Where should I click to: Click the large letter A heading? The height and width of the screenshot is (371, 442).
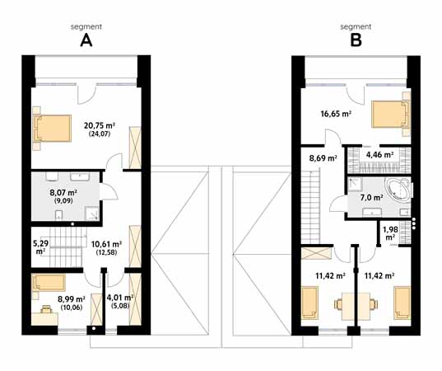(x=86, y=40)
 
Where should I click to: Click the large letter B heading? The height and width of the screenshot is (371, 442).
(x=356, y=40)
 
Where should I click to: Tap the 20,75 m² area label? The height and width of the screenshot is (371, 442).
(x=100, y=125)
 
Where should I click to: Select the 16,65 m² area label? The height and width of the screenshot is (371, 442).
(x=336, y=114)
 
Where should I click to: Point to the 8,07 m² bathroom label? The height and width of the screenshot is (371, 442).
(x=63, y=193)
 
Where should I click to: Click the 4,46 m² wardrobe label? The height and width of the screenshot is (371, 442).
(x=379, y=155)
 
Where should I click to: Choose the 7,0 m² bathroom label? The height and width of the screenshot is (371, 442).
(x=371, y=198)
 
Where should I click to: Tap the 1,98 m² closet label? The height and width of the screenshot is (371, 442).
(x=390, y=233)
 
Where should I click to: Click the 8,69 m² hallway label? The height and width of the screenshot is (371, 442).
(x=323, y=158)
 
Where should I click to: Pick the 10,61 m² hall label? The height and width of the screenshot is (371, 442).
(x=106, y=244)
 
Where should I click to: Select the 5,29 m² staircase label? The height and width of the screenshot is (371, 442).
(x=41, y=247)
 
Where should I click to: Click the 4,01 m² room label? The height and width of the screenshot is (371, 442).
(x=120, y=298)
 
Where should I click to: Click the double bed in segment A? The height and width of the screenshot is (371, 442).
(x=52, y=129)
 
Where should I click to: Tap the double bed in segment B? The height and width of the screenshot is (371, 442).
(x=391, y=114)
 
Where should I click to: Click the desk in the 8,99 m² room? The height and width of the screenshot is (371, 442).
(x=44, y=319)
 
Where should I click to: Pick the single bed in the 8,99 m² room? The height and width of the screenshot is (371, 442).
(x=49, y=283)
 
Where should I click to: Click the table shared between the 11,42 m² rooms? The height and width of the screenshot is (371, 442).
(x=356, y=306)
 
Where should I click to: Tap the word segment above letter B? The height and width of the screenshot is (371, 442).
(x=356, y=27)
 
